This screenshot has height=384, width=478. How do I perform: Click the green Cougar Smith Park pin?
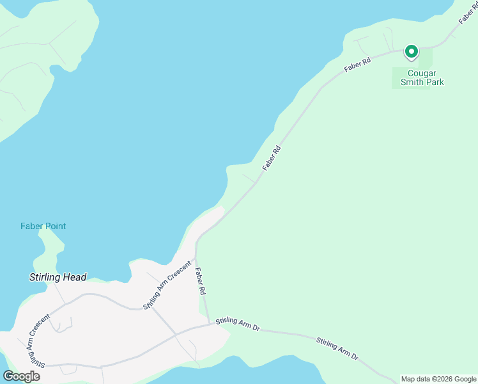[412, 51]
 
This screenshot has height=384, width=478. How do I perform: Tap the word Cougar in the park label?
[422, 73]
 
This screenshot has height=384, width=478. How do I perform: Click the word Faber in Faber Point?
[31, 226]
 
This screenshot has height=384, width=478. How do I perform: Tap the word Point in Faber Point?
[55, 226]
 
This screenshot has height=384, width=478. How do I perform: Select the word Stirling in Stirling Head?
[46, 278]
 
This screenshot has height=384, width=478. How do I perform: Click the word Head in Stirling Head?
[75, 278]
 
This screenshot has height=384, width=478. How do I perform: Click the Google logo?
[21, 376]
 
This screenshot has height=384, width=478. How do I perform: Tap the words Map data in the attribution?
[415, 379]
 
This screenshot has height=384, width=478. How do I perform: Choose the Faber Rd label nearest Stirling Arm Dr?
[201, 282]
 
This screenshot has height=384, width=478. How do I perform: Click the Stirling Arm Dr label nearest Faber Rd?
[238, 323]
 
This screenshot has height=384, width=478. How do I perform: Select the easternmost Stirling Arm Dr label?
[337, 348]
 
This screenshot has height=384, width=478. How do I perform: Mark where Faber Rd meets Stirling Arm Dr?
[210, 324]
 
